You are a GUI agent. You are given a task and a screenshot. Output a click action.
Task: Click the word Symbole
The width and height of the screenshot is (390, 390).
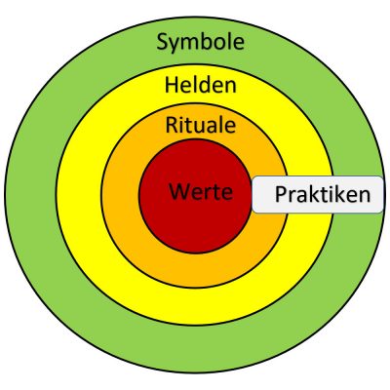pos(200,42)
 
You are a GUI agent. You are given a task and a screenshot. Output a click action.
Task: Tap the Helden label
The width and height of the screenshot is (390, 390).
pos(200,85)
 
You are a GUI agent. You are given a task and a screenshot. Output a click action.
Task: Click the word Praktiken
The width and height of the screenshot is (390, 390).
pos(322,195)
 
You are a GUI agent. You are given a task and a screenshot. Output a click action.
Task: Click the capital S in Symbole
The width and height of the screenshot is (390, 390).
pos(162,42)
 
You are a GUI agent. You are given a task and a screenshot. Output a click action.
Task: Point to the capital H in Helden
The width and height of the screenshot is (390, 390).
pos(171,85)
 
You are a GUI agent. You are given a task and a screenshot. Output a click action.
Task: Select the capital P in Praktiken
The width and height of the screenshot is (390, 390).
pos(281,195)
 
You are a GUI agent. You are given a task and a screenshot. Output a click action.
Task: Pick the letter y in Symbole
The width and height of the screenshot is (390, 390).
pos(175,45)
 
